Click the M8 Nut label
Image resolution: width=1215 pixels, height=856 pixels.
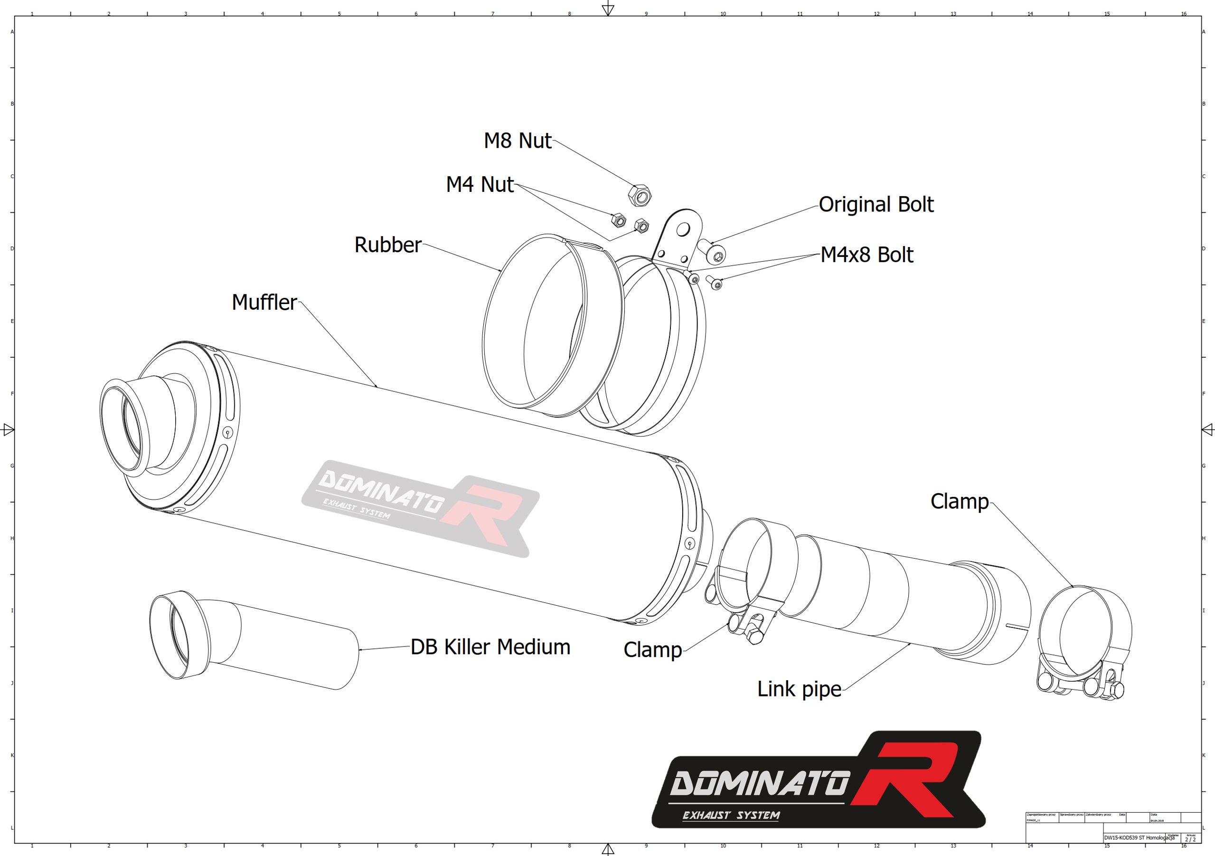pyautogui.click(x=517, y=141)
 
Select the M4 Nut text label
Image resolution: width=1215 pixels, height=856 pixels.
pyautogui.click(x=480, y=185)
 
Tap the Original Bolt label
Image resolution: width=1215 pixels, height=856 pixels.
pyautogui.click(x=876, y=205)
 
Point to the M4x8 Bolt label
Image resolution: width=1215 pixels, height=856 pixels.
pyautogui.click(x=867, y=255)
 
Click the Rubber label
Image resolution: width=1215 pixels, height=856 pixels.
pyautogui.click(x=387, y=245)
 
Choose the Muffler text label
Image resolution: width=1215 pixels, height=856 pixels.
pyautogui.click(x=264, y=303)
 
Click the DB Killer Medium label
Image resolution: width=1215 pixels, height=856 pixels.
pyautogui.click(x=490, y=647)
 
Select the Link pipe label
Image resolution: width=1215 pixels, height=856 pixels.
pyautogui.click(x=799, y=689)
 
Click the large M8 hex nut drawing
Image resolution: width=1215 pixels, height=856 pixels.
pyautogui.click(x=639, y=196)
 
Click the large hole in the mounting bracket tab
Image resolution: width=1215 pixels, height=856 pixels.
pyautogui.click(x=683, y=229)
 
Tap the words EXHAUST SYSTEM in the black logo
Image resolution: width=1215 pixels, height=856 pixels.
pyautogui.click(x=731, y=816)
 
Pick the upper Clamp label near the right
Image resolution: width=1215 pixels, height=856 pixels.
pyautogui.click(x=959, y=502)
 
